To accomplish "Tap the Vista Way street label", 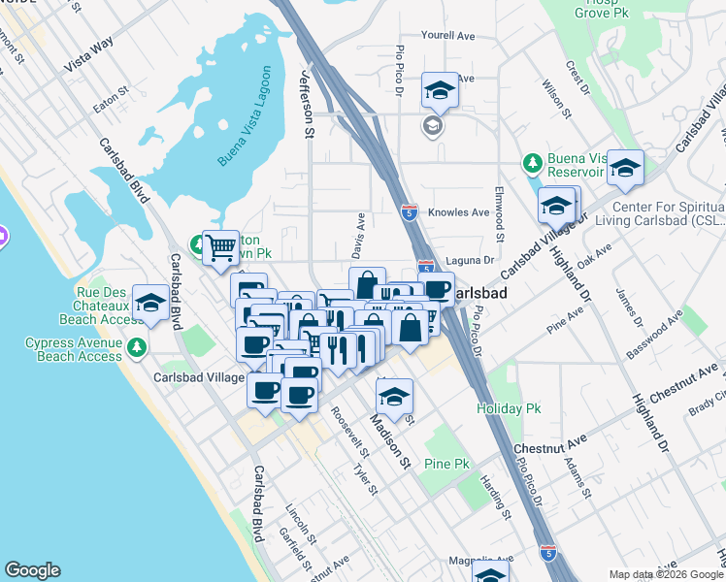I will [89, 54].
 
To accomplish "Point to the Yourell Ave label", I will [447, 36].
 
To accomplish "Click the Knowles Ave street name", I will [460, 212].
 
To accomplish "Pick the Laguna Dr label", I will [470, 260].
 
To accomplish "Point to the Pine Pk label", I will [446, 465].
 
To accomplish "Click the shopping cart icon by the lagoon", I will [220, 247].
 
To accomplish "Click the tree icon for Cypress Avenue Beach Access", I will [137, 346].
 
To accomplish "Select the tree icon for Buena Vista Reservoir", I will [531, 160].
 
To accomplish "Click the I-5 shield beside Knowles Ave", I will [410, 210].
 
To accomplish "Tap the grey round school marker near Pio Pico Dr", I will [432, 126].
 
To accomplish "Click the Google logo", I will [32, 570].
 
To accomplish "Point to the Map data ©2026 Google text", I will [666, 574].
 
